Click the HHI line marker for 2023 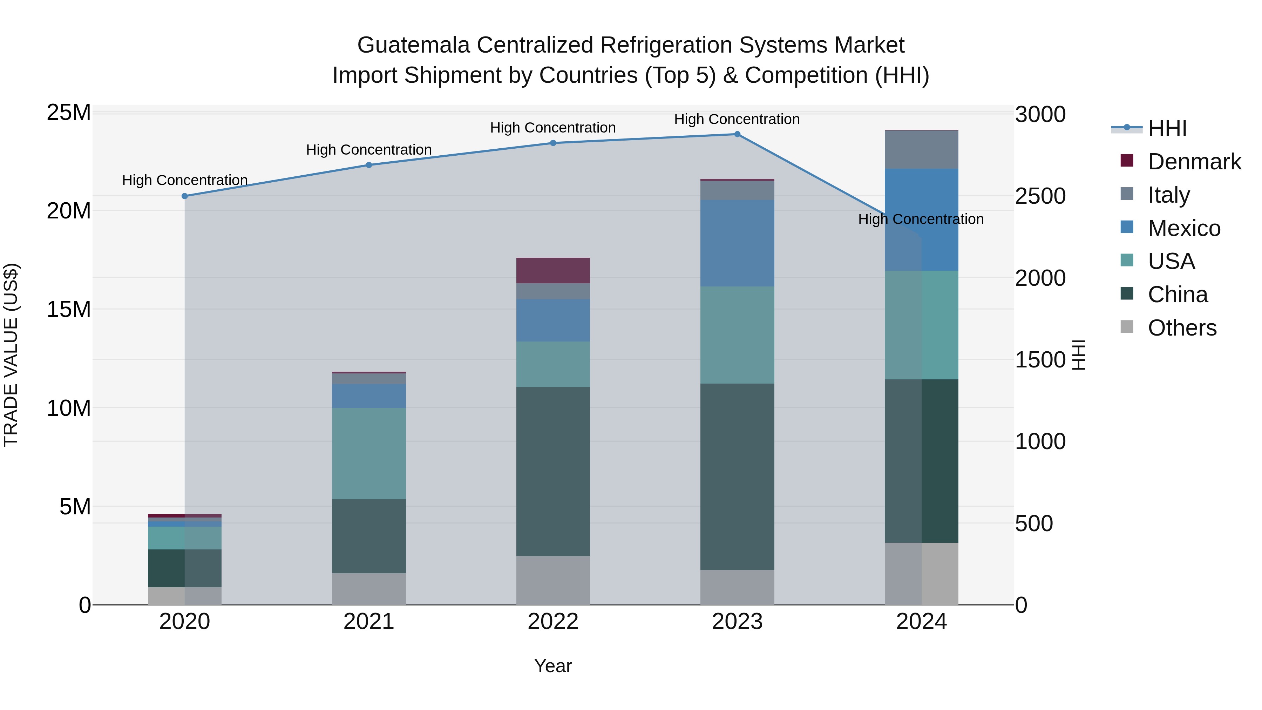737,134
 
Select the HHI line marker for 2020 185,196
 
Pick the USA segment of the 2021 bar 369,453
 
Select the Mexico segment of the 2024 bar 921,219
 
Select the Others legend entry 1182,328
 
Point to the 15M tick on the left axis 69,309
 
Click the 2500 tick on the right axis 1040,196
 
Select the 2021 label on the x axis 369,622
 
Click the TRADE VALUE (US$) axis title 11,355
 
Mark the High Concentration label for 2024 921,219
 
